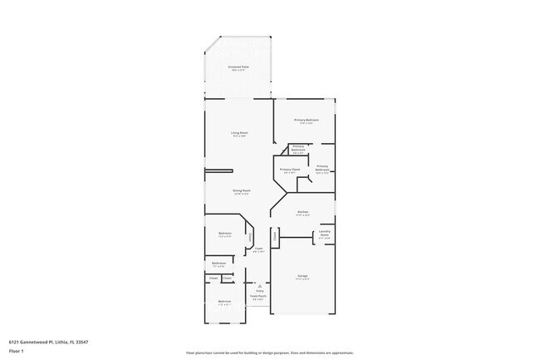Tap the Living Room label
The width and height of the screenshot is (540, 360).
[x=239, y=133]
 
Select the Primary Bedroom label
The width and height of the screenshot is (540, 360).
[x=307, y=121]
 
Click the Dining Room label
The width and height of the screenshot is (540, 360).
[x=242, y=190]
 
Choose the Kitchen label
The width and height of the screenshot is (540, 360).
[x=302, y=212]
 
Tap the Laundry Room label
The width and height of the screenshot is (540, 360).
[x=325, y=234]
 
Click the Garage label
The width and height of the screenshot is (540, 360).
[x=302, y=276]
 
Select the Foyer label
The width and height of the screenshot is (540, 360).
[x=258, y=249]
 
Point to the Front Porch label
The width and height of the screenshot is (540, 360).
[x=258, y=296]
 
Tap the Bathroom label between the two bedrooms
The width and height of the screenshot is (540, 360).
[x=218, y=264]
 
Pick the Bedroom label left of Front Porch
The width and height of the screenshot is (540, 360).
[x=224, y=301]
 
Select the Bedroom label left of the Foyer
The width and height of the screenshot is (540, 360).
[x=224, y=234]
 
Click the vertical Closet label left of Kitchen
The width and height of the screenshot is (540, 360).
[x=274, y=235]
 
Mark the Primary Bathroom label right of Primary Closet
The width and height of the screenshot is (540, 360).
[x=322, y=168]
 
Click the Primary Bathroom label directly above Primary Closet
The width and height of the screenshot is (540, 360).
[x=298, y=149]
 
